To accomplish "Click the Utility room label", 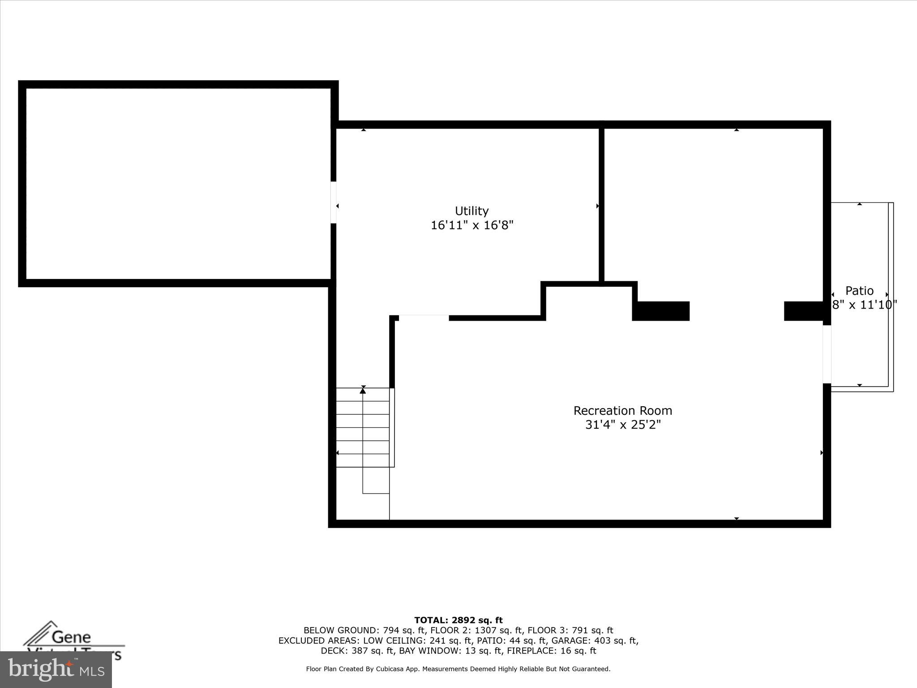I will [471, 211].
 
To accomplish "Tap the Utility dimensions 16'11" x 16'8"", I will [471, 225].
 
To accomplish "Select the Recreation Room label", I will [622, 411].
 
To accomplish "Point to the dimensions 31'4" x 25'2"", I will [622, 425].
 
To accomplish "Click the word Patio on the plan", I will [859, 291].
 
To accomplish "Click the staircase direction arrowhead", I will [363, 391].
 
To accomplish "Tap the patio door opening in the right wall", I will [827, 354].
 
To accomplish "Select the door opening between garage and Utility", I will [334, 202].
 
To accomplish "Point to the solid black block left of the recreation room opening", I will [661, 311].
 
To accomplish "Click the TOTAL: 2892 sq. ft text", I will [458, 620].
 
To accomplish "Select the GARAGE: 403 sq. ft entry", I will [595, 641].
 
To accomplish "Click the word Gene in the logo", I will [71, 637].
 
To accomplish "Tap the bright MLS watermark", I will [56, 669].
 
